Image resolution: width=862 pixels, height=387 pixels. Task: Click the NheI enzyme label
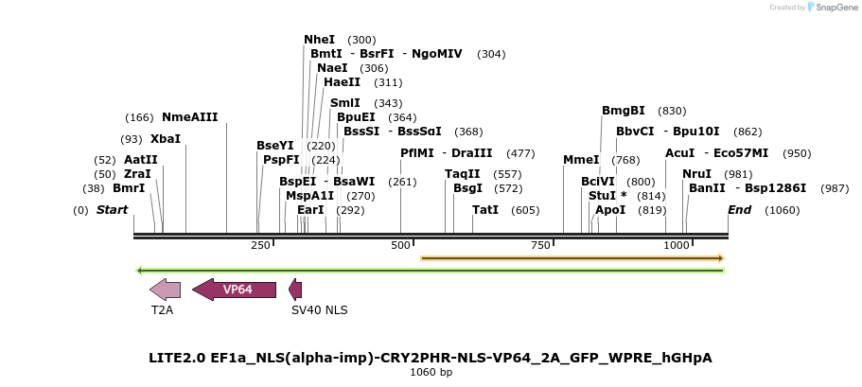319,40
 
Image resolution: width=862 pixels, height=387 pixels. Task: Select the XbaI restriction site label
165,139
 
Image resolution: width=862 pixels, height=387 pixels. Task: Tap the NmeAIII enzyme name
189,117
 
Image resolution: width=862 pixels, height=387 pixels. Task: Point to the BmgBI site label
624,111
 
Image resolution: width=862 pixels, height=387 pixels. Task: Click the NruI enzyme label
696,174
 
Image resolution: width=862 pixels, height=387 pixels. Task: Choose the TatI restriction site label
485,209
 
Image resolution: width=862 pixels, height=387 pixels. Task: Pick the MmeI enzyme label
581,160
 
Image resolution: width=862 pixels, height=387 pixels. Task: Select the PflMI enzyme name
417,153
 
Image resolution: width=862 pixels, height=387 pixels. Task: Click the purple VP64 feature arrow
235,290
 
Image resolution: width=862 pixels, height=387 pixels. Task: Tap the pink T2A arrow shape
165,290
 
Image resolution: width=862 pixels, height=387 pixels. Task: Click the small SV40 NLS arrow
296,290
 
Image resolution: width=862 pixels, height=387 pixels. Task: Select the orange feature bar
572,257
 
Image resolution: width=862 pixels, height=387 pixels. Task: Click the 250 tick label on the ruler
260,246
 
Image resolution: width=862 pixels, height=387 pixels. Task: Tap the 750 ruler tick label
540,246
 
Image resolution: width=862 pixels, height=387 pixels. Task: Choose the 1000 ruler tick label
677,246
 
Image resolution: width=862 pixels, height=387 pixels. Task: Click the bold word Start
112,209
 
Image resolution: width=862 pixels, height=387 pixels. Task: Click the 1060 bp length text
431,373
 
